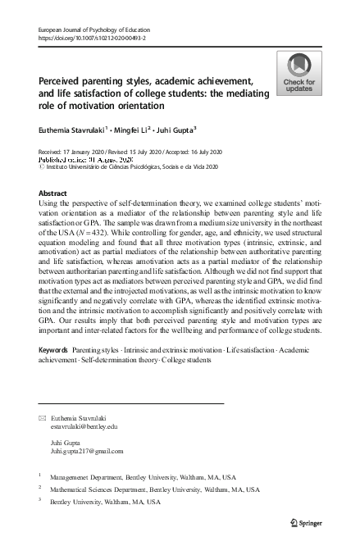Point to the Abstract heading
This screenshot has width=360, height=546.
click(53, 193)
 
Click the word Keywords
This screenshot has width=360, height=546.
click(53, 372)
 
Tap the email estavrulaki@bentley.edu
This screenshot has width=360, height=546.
click(84, 426)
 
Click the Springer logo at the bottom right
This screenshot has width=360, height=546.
click(314, 521)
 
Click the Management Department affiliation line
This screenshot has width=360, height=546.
click(130, 475)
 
